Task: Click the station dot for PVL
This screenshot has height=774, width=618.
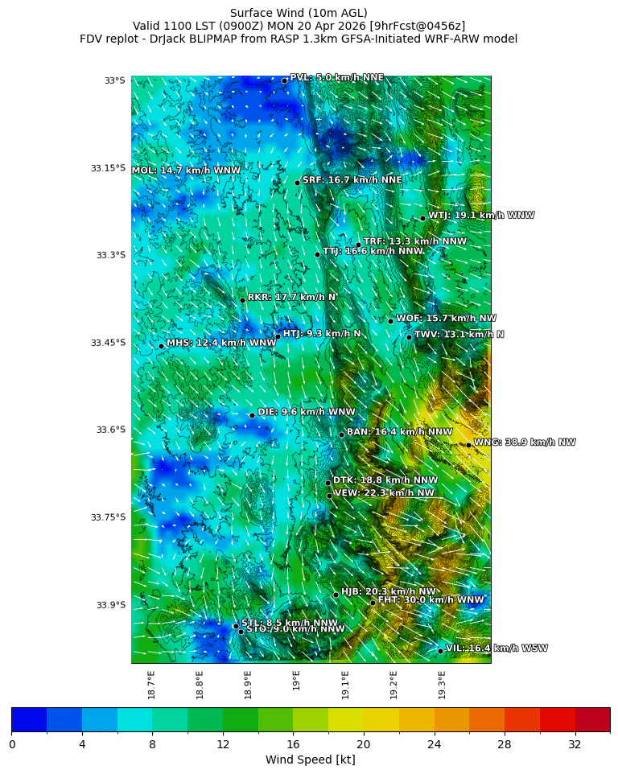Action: (284, 80)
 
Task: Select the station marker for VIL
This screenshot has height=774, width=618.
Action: (441, 651)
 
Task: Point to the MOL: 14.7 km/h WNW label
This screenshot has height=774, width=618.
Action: (186, 171)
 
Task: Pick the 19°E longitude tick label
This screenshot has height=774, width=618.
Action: (297, 681)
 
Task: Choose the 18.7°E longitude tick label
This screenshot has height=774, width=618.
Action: (152, 684)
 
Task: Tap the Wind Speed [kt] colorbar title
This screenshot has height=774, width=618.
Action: (311, 760)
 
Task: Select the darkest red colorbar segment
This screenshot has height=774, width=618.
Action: (592, 719)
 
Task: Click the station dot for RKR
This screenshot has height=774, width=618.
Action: (242, 300)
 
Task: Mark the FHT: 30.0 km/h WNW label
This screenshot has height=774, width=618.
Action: (431, 600)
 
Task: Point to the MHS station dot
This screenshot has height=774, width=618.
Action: (161, 346)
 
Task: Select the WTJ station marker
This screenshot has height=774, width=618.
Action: (422, 218)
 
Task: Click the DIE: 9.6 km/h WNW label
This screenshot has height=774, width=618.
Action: (306, 412)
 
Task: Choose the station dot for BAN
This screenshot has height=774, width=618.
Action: (341, 434)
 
